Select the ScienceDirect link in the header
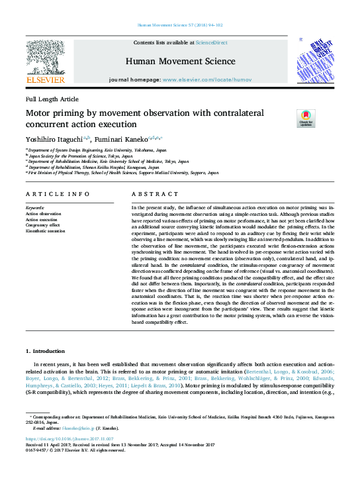click(x=212, y=42)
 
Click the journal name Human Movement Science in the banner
click(x=179, y=62)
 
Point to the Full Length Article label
click(x=52, y=99)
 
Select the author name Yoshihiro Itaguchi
click(x=54, y=140)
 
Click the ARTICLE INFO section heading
click(x=57, y=194)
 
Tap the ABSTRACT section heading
click(x=151, y=194)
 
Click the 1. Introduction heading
click(x=46, y=350)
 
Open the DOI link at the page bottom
click(x=69, y=438)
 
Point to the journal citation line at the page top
click(x=179, y=25)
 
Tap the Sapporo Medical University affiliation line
click(x=123, y=172)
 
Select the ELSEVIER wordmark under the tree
click(x=45, y=80)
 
